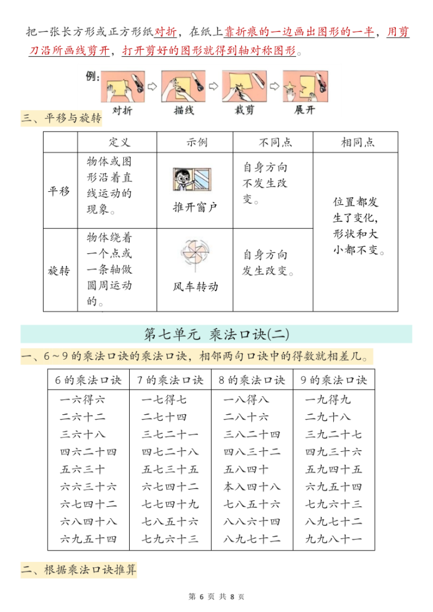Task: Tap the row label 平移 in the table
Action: [59, 191]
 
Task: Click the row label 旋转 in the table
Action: [59, 271]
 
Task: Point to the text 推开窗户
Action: [195, 207]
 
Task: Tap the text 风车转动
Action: [196, 286]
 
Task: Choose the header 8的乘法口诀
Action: [252, 380]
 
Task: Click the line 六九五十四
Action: [89, 539]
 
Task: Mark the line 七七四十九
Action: [170, 504]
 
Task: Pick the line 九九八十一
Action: [333, 539]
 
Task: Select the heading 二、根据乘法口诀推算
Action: [79, 570]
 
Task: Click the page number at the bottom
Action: [216, 596]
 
